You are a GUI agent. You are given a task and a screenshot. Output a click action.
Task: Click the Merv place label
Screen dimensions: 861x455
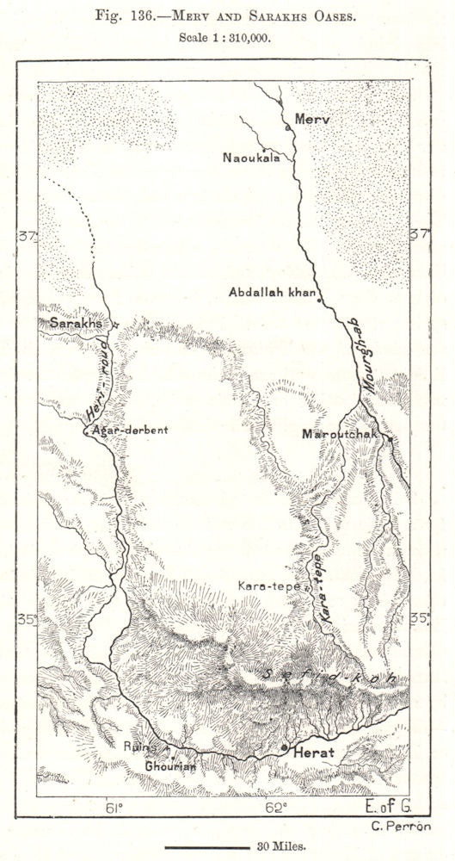pyautogui.click(x=312, y=119)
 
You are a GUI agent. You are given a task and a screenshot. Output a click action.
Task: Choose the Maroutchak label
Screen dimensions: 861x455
pyautogui.click(x=340, y=434)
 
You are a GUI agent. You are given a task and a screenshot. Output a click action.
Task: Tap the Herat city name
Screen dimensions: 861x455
pyautogui.click(x=314, y=753)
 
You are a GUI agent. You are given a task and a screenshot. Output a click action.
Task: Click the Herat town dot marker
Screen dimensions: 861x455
pyautogui.click(x=285, y=748)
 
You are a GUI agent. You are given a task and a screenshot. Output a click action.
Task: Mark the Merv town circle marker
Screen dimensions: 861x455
pyautogui.click(x=287, y=127)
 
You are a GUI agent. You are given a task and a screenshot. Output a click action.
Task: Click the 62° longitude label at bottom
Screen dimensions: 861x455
pyautogui.click(x=276, y=807)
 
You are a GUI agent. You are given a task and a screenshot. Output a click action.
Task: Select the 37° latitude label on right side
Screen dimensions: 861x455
pyautogui.click(x=420, y=235)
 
